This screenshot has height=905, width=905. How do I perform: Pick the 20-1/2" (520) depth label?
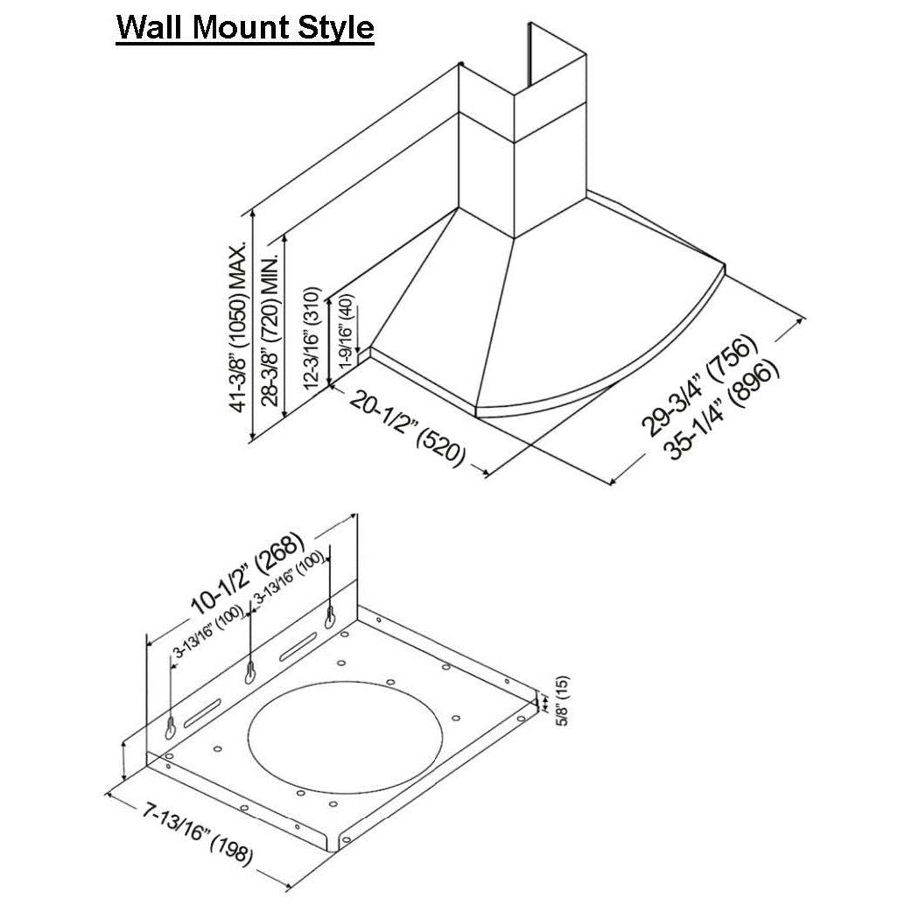click(x=407, y=429)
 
